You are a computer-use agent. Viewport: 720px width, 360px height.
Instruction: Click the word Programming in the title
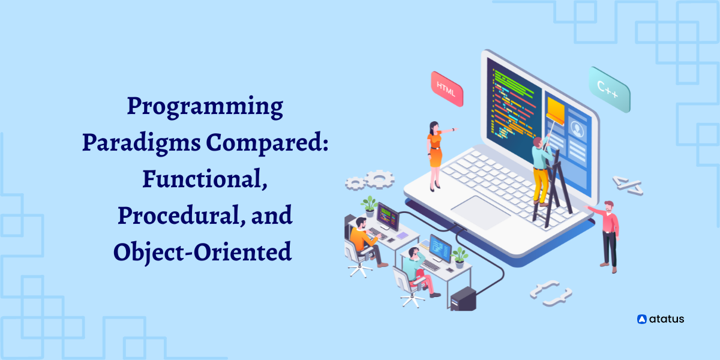coord(205,107)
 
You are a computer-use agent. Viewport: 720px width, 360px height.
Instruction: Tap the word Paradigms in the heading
coord(142,143)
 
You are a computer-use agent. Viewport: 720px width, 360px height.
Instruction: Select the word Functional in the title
coord(205,179)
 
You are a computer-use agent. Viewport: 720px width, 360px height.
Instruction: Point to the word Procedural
coord(179,215)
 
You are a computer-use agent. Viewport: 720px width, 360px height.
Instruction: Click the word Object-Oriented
coord(203,252)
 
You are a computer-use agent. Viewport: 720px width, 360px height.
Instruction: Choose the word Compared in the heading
coord(267,143)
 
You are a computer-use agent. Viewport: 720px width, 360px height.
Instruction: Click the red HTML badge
coord(447,89)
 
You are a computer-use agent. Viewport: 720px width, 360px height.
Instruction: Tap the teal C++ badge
coord(609,89)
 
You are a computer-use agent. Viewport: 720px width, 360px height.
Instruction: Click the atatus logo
coord(661,319)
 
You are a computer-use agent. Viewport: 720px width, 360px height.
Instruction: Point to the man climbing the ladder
coord(541,170)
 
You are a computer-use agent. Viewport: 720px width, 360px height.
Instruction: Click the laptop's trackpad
coord(481,212)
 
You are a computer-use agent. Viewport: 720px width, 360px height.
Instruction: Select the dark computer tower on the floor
coord(463,299)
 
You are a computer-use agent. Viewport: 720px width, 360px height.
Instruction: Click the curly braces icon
coord(551,293)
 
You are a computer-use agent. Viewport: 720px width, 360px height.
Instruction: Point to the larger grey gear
coord(379,179)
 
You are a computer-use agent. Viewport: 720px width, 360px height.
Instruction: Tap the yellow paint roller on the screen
coord(556,111)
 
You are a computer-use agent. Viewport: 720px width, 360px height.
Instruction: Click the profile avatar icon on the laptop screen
coord(577,128)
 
